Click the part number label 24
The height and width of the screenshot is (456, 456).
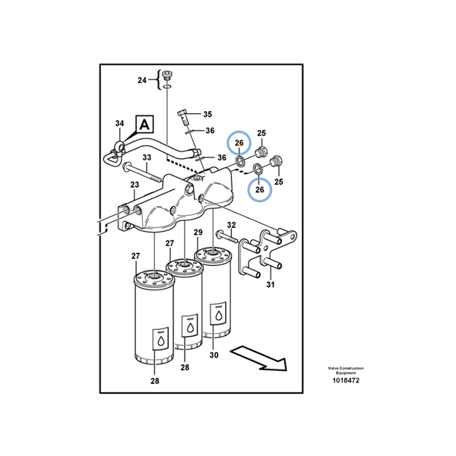141,80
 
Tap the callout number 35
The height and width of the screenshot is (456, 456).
207,115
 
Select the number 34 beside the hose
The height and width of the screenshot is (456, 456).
119,124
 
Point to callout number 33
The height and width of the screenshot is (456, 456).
147,158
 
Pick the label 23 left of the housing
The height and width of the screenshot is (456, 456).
135,185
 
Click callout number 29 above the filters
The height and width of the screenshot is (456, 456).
198,232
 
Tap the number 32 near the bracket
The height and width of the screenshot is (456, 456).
231,225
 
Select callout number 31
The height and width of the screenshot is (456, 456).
270,285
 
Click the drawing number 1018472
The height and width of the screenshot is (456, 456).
346,380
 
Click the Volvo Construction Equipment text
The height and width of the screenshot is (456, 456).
346,370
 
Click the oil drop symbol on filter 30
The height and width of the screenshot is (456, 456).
219,314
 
